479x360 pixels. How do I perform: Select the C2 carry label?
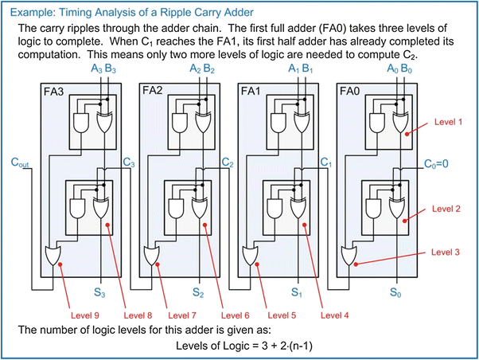point(228,162)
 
